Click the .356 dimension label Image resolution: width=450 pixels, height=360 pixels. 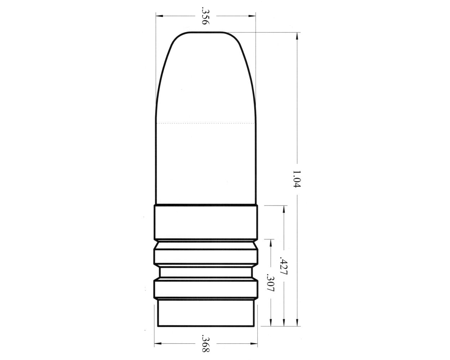click(x=205, y=16)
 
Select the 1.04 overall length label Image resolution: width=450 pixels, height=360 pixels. click(x=296, y=179)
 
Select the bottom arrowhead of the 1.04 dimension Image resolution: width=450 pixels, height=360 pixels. click(x=297, y=323)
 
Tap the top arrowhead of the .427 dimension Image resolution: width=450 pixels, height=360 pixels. click(x=284, y=209)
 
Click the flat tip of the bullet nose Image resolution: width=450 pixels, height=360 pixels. click(x=205, y=33)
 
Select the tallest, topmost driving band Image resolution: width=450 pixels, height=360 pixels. click(x=206, y=222)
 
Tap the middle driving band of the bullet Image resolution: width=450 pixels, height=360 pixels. click(x=206, y=256)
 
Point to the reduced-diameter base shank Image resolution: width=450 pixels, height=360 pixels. click(x=206, y=314)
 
